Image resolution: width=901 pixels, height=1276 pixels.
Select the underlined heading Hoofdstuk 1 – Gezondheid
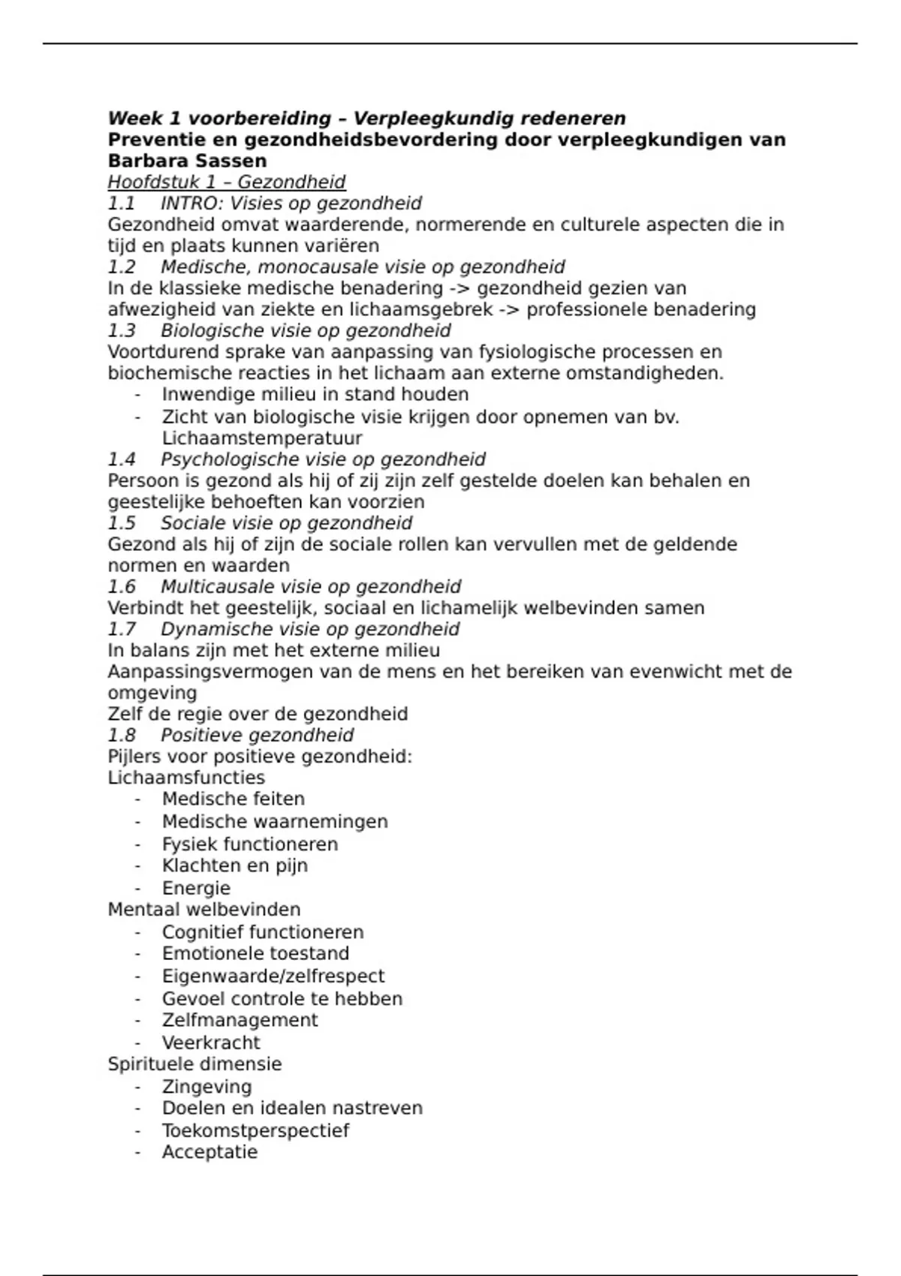[226, 182]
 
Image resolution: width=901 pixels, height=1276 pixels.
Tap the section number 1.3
[122, 331]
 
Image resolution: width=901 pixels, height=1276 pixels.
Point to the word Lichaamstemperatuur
[262, 438]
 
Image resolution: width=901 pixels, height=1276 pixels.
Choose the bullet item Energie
[196, 888]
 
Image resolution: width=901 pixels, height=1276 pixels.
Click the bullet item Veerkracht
[211, 1043]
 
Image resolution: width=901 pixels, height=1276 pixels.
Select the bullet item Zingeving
[206, 1087]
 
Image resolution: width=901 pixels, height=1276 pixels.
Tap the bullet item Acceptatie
[209, 1152]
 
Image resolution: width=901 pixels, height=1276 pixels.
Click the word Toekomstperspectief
[255, 1130]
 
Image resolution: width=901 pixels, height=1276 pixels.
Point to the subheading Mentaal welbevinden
[203, 910]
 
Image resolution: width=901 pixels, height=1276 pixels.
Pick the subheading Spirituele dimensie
[194, 1064]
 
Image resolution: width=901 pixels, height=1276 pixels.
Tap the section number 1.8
[122, 736]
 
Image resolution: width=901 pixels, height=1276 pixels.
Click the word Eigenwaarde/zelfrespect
[273, 977]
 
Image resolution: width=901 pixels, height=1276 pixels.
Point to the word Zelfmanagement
[240, 1020]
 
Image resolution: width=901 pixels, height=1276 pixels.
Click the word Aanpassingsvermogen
[210, 673]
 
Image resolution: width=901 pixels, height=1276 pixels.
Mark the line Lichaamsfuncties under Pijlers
[186, 778]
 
